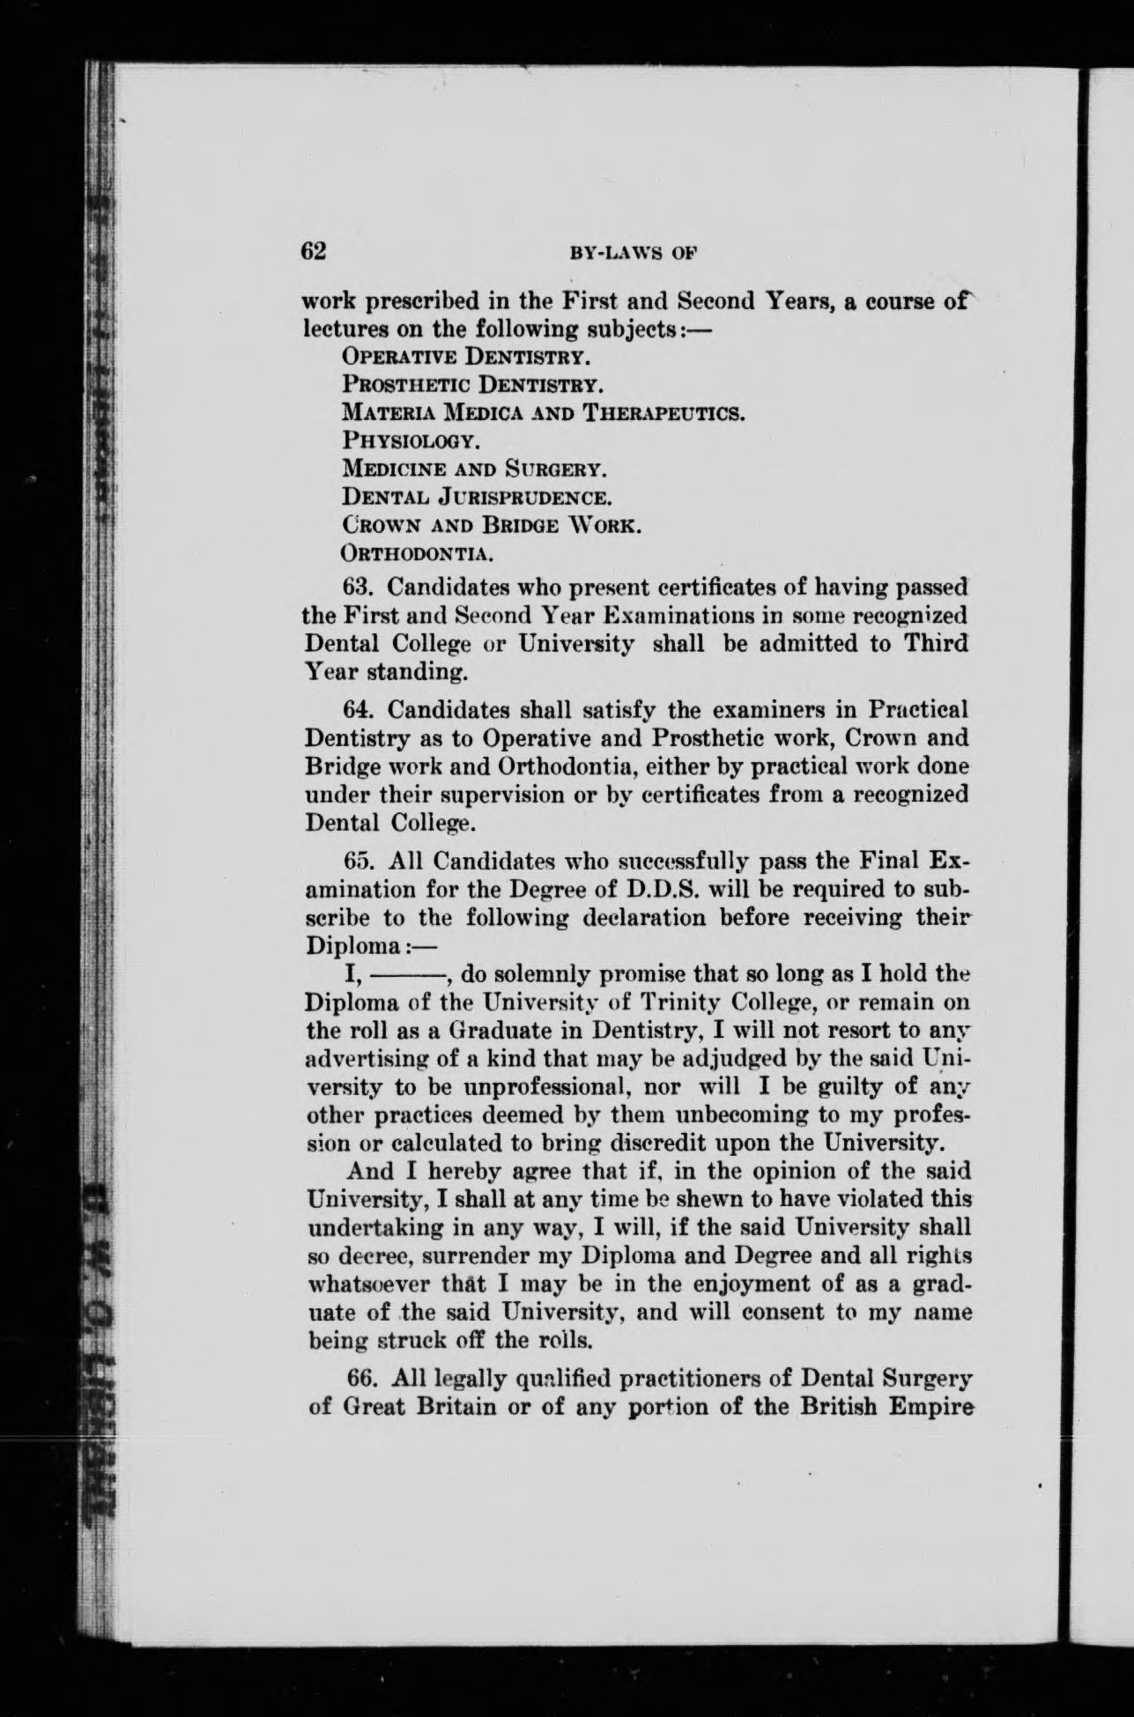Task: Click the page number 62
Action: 315,251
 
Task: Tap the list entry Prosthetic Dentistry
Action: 471,385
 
